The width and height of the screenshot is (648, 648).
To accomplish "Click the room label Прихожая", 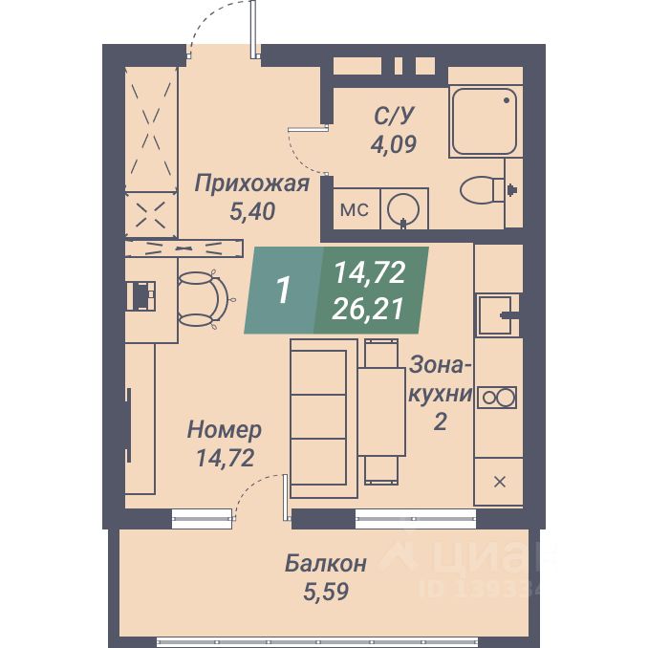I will (x=251, y=183).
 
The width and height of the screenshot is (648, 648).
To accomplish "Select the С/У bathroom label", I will (x=395, y=117).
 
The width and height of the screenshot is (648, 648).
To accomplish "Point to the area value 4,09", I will (x=395, y=145).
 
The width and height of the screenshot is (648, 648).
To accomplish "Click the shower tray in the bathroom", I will (x=486, y=120).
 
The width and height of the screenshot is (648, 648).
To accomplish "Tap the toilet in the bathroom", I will (x=483, y=190).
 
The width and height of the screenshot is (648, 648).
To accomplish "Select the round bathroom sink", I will (x=405, y=207).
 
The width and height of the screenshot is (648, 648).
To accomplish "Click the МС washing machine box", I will (x=355, y=209).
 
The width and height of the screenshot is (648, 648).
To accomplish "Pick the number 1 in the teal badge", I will (x=283, y=291).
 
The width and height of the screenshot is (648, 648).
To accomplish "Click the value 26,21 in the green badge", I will (x=369, y=308).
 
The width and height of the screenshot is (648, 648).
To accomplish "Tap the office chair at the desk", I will (x=203, y=296).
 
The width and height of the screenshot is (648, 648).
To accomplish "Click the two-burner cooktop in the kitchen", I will (x=498, y=397).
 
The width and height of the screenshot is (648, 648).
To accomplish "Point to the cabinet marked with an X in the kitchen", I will (x=499, y=481).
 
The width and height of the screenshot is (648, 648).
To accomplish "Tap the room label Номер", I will (x=225, y=429).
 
